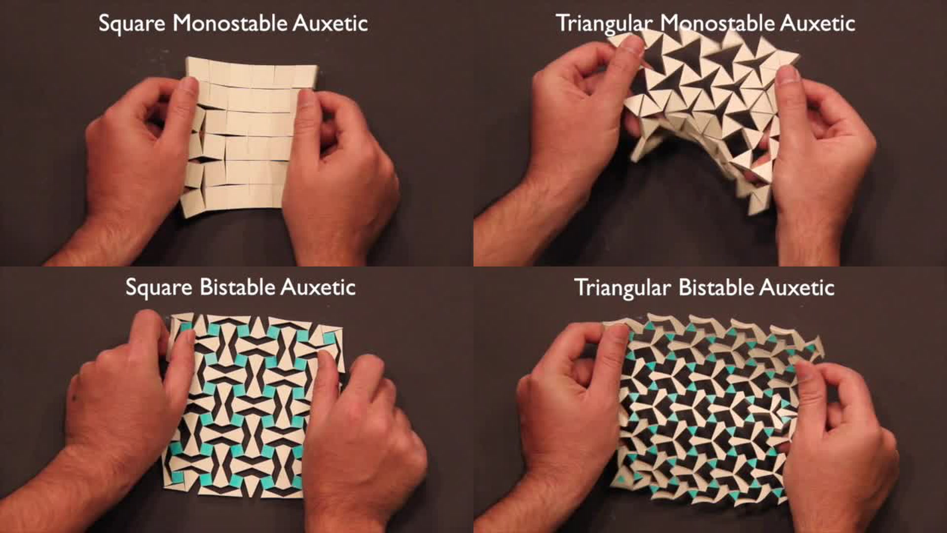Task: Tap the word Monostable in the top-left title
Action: click(x=229, y=23)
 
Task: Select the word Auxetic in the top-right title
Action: click(x=817, y=23)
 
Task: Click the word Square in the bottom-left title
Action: click(x=158, y=288)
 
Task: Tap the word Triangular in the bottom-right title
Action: click(x=622, y=288)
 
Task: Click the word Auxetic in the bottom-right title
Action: click(x=797, y=287)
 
